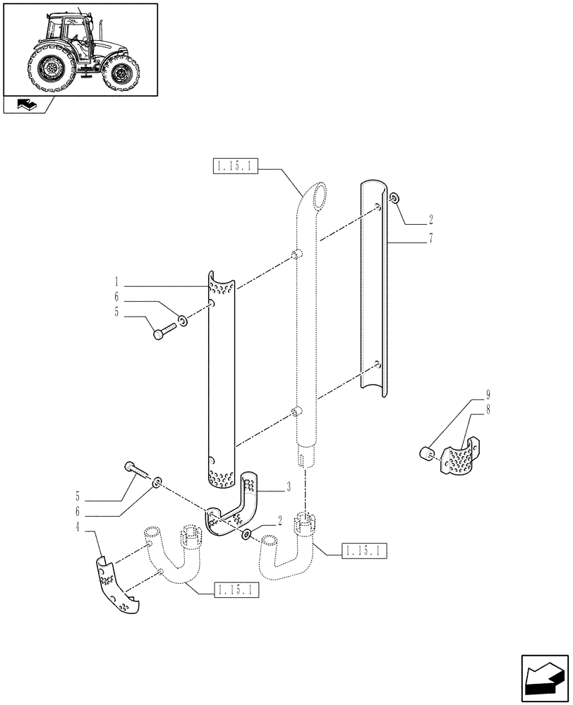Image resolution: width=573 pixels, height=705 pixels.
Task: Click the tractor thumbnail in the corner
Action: coord(79,49)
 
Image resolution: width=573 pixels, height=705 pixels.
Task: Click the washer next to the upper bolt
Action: coord(183,321)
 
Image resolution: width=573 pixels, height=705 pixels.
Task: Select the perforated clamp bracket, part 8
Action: coord(459,458)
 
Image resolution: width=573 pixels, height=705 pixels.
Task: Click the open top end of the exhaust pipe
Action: coord(321,192)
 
